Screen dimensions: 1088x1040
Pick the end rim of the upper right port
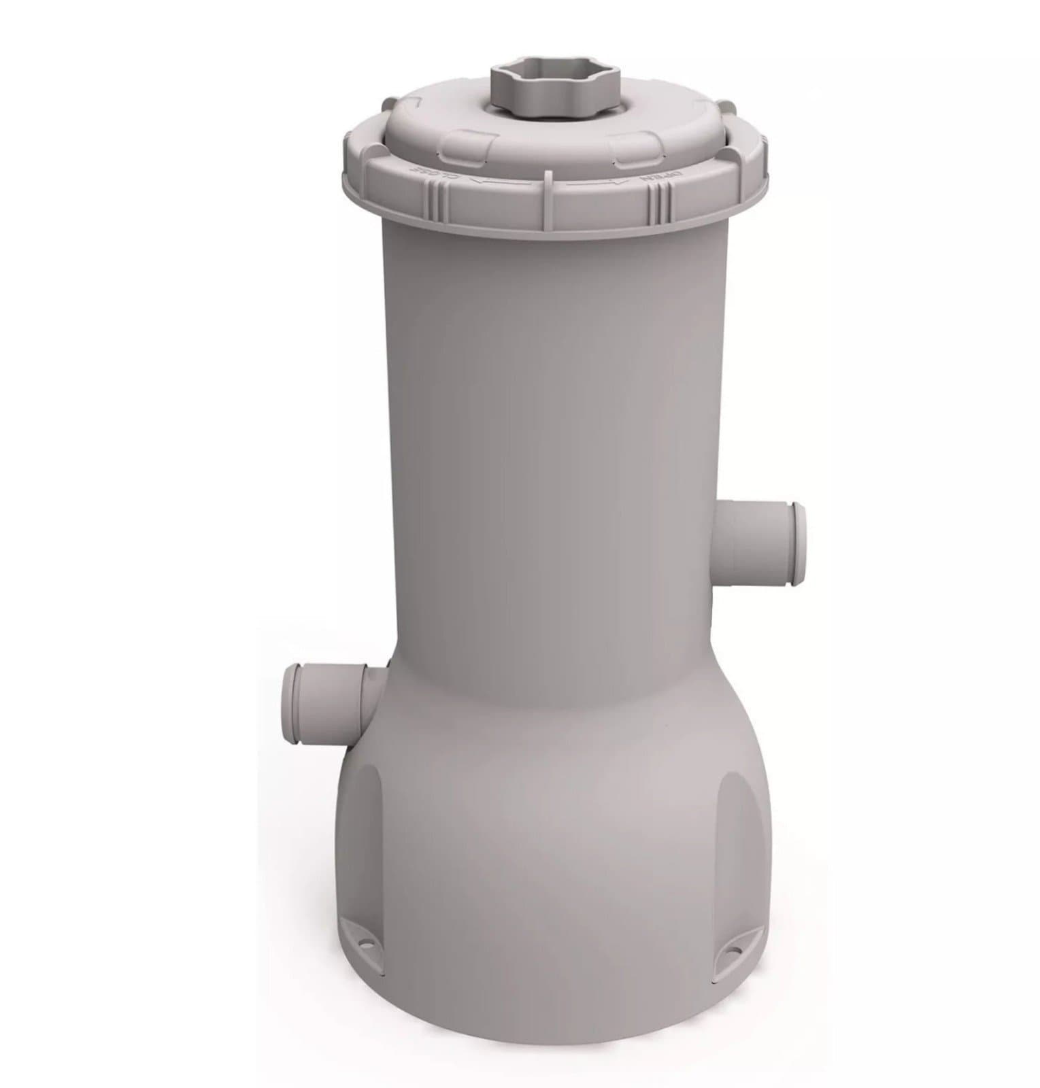point(797,544)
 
